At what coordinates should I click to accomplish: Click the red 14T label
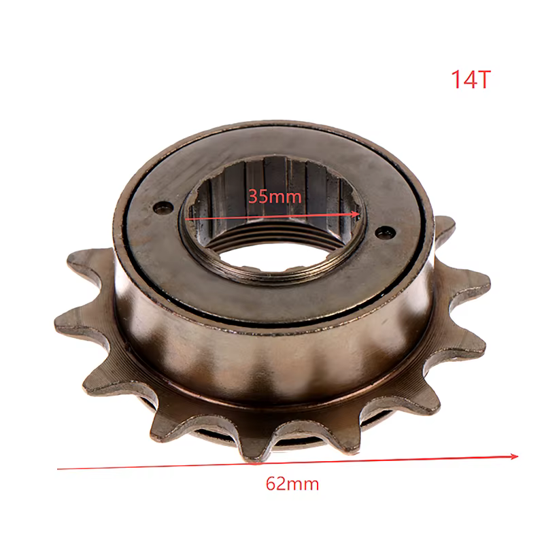(x=471, y=80)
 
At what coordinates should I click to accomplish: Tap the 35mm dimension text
(x=275, y=197)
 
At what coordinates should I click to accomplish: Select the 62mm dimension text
(x=292, y=483)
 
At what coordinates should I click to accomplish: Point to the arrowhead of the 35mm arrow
(x=356, y=214)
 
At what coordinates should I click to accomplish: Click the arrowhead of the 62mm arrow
(x=514, y=456)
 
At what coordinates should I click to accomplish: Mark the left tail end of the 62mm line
(x=58, y=469)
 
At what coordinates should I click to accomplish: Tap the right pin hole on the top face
(x=386, y=232)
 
